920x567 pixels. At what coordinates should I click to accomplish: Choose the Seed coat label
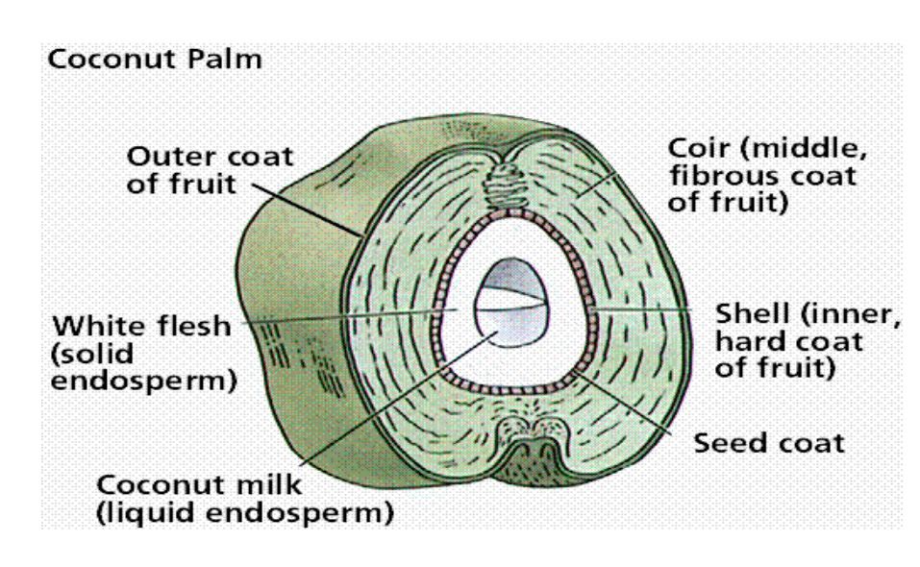(768, 445)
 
